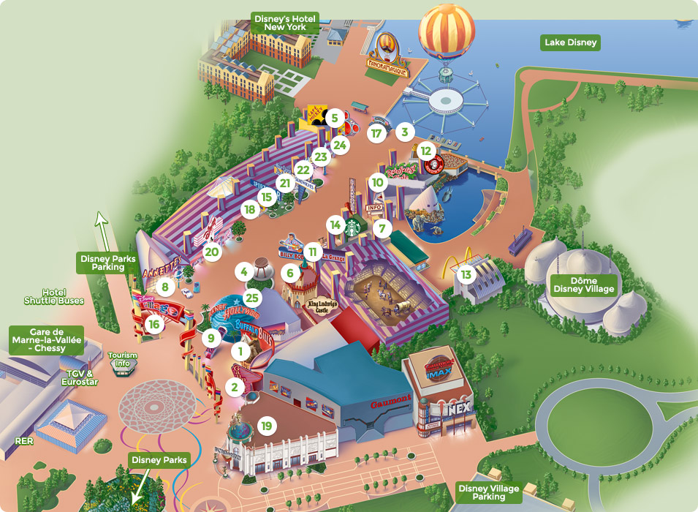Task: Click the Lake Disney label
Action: click(571, 42)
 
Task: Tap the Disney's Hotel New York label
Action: click(285, 22)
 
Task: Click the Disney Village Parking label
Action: click(489, 492)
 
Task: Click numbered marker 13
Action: click(466, 275)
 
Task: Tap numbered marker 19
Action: click(266, 426)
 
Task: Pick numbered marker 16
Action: click(153, 323)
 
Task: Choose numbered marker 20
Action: click(212, 252)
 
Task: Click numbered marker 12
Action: click(425, 150)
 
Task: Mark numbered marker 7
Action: click(381, 227)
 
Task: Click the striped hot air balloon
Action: click(446, 33)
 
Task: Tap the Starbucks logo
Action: click(353, 227)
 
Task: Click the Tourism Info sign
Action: click(123, 360)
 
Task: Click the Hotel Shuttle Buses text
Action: click(55, 296)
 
